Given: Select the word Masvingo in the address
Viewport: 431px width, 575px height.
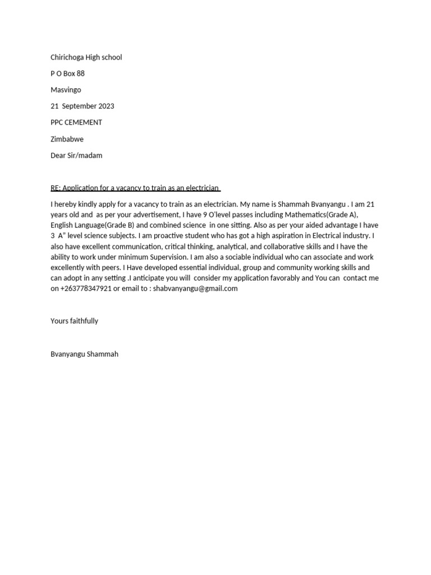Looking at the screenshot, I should coord(66,90).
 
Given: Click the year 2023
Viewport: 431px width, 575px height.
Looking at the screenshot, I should coord(106,106).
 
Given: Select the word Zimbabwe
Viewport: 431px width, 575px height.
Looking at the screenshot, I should coord(67,139).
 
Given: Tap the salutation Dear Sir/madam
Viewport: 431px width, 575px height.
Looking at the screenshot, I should coord(76,155).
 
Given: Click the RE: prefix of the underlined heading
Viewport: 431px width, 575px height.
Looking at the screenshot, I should coord(57,188).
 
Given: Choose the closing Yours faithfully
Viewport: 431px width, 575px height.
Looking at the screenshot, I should coord(74,321).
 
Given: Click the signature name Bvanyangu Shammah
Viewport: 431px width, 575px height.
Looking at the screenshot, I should coord(84,354).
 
